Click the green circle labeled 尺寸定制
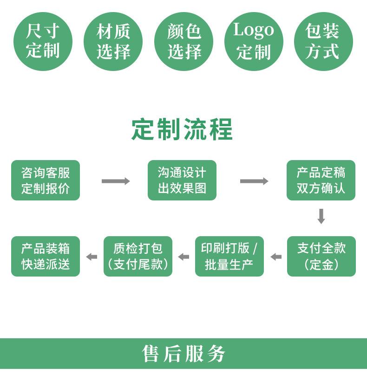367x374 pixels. coord(43,41)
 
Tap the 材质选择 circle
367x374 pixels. coord(113,41)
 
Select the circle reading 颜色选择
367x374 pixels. coord(183,41)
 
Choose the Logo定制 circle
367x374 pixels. coord(253,41)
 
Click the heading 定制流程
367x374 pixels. coord(182,129)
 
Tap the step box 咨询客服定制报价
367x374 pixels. coord(46,181)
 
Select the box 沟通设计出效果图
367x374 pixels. coord(182,181)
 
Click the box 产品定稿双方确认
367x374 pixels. coord(321,181)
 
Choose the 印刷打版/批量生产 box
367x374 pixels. coord(229,256)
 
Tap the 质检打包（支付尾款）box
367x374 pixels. coord(138,256)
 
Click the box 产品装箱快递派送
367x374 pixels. coord(46,256)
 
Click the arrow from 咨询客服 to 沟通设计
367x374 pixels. coord(116,181)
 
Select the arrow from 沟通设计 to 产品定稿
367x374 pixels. coord(254,181)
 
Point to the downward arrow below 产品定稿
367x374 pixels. coord(321,216)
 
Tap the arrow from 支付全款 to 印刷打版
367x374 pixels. coord(276,257)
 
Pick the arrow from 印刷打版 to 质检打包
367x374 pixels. coord(184,257)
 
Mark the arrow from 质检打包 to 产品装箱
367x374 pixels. coord(92,257)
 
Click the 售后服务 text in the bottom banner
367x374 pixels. coord(183,354)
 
